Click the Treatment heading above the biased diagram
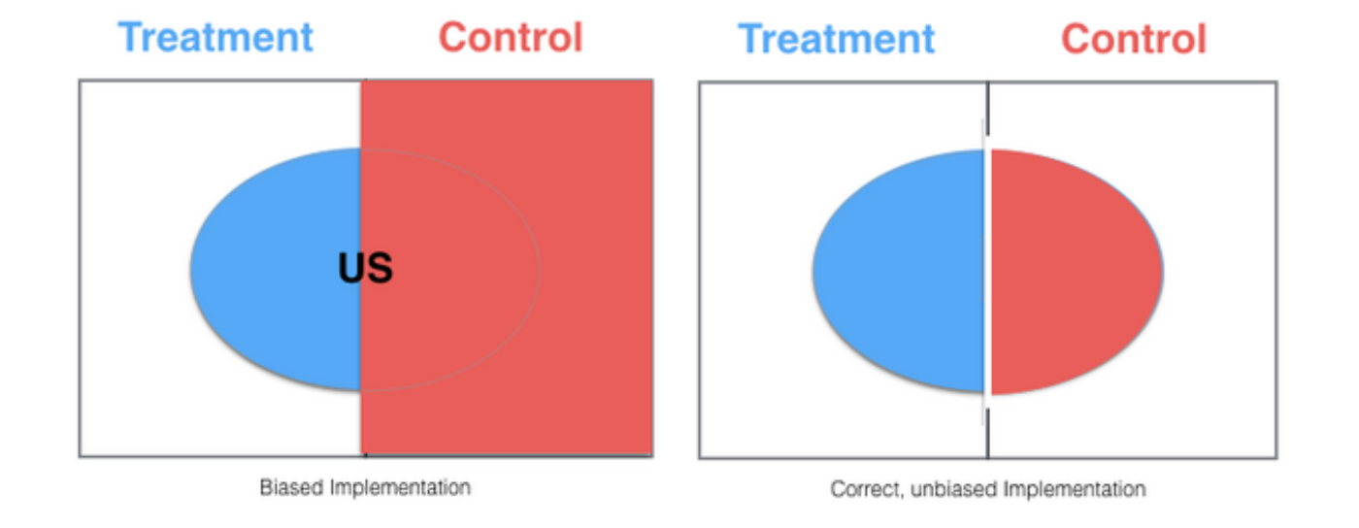tap(215, 38)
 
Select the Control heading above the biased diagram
tap(511, 38)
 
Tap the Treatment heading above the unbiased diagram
tap(837, 40)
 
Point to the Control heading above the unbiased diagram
tap(1134, 40)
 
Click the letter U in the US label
tap(351, 268)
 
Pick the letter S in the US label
tap(380, 268)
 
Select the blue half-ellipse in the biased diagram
tap(276, 269)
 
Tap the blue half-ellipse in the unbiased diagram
tap(899, 271)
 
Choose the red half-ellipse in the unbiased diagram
tap(1077, 272)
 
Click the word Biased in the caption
tap(291, 487)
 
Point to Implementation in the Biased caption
tap(400, 487)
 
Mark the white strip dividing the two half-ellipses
tap(987, 272)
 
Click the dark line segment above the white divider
tap(988, 108)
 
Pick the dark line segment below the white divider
tap(988, 433)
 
